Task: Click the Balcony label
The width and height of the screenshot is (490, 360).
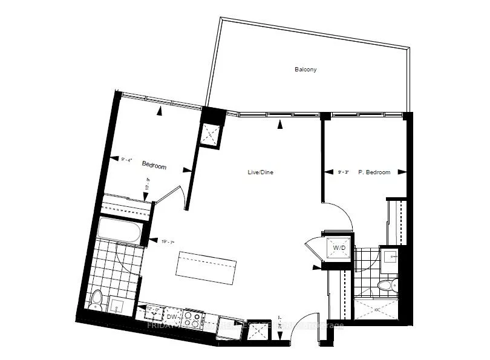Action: pyautogui.click(x=305, y=70)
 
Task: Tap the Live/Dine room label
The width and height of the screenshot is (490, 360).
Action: pyautogui.click(x=261, y=172)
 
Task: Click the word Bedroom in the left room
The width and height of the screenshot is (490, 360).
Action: pyautogui.click(x=154, y=165)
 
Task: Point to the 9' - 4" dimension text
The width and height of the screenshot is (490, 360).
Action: pyautogui.click(x=126, y=160)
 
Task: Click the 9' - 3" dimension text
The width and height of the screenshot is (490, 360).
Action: pyautogui.click(x=343, y=172)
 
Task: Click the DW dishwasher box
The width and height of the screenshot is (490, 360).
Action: pyautogui.click(x=171, y=316)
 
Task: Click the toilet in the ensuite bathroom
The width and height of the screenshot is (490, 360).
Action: pyautogui.click(x=384, y=285)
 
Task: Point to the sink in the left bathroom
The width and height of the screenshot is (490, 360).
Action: pyautogui.click(x=117, y=307)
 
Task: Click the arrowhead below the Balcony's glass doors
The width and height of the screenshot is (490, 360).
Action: pyautogui.click(x=279, y=125)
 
